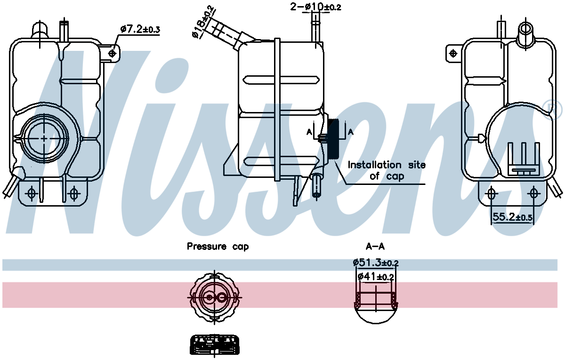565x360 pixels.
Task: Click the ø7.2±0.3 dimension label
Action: point(140,30)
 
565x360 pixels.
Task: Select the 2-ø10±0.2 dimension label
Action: point(315,7)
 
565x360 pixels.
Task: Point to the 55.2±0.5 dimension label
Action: point(512,217)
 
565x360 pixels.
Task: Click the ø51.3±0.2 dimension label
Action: point(376,263)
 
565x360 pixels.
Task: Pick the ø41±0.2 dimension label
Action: point(375,277)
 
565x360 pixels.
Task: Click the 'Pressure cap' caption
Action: point(218,246)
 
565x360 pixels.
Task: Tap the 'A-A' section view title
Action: point(375,246)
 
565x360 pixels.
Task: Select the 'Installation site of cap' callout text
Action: point(386,170)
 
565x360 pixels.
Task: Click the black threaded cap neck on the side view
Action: point(334,139)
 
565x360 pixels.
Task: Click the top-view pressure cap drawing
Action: point(214,297)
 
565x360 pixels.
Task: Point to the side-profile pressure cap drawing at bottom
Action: point(215,345)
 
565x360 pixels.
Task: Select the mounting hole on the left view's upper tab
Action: point(112,54)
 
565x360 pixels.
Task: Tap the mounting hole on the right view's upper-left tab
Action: point(453,54)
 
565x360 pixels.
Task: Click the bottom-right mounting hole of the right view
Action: point(533,193)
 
